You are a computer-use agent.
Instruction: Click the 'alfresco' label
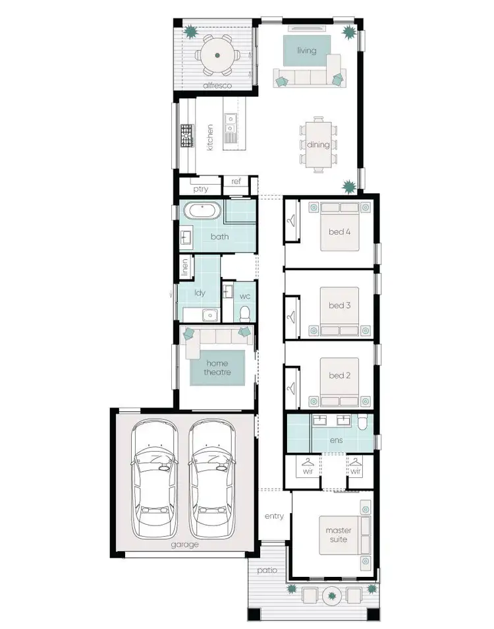(x=215, y=86)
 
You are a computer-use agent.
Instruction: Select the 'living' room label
(x=306, y=51)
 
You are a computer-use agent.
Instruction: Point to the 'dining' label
(x=318, y=144)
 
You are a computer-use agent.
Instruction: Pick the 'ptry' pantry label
(x=201, y=189)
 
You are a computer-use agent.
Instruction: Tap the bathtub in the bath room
(x=202, y=212)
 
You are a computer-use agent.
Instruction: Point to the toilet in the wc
(x=245, y=312)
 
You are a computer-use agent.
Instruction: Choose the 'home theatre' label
(x=217, y=367)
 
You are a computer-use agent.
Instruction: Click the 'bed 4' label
(x=340, y=231)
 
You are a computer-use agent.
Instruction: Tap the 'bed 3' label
(x=340, y=305)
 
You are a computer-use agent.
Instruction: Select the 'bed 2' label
(x=340, y=376)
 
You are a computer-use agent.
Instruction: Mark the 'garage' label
(x=186, y=545)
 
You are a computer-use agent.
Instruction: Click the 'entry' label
(x=274, y=516)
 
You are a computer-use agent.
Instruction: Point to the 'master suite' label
(x=339, y=535)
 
